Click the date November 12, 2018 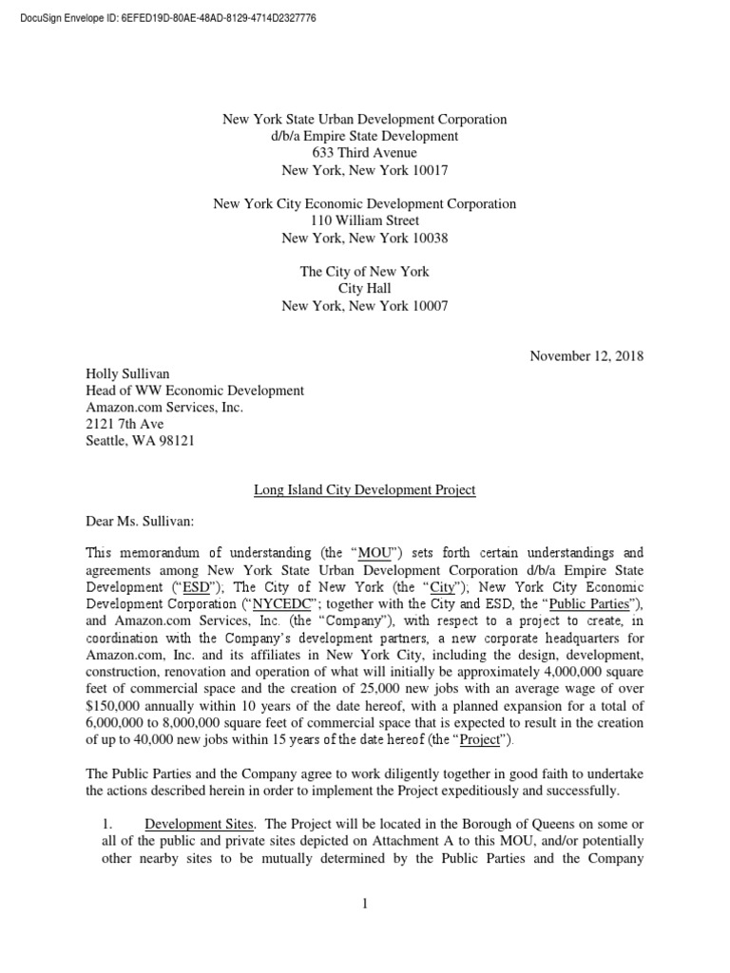click(586, 356)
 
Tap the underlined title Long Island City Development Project click(364, 489)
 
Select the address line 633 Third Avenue click(364, 154)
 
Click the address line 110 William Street click(364, 220)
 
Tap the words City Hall click(364, 289)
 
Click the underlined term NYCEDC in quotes click(293, 603)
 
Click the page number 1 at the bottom click(364, 904)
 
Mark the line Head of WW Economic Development click(195, 391)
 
